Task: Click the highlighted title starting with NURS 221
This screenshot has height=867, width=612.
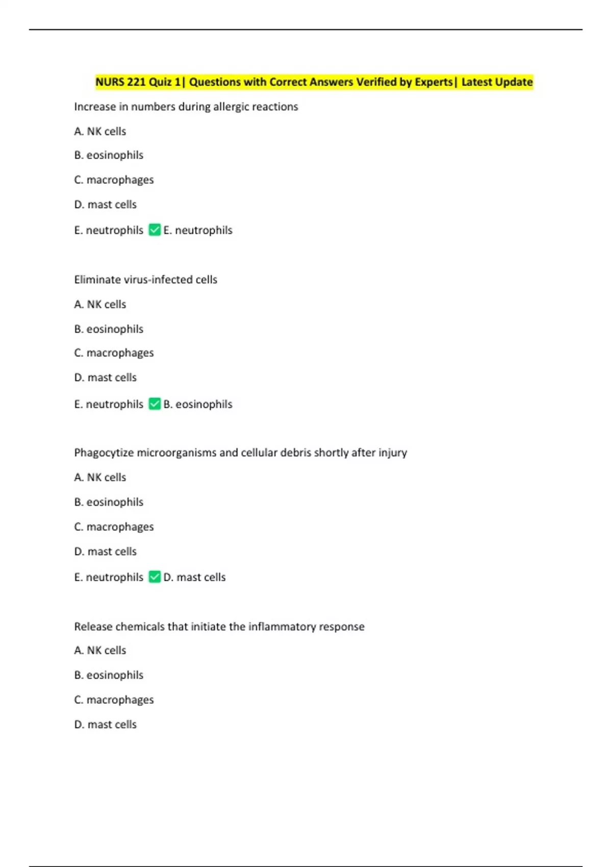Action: (314, 82)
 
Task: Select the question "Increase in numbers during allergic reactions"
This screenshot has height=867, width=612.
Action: (186, 107)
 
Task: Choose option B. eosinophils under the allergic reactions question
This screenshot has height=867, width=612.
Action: (109, 155)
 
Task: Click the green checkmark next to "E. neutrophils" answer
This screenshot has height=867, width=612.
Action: (155, 230)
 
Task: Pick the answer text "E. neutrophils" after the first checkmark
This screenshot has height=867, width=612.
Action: (198, 230)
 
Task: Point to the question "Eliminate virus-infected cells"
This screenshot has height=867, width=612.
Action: (145, 279)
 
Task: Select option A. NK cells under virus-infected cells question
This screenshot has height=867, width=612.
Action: (100, 304)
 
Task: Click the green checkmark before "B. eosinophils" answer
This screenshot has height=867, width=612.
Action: (155, 404)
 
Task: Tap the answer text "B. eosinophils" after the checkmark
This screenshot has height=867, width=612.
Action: (198, 404)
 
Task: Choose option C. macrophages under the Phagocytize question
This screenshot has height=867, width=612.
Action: (114, 527)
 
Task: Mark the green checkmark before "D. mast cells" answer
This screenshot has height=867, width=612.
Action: (155, 577)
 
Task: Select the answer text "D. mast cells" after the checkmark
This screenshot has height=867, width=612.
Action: (194, 577)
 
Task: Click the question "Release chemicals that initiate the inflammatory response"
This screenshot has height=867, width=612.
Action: (219, 626)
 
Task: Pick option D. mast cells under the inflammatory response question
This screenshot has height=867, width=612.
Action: (106, 724)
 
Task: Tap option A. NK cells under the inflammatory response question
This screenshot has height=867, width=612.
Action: (100, 650)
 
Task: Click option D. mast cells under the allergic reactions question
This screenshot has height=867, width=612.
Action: (106, 205)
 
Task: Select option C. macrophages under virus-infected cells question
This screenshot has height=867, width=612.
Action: (114, 353)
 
